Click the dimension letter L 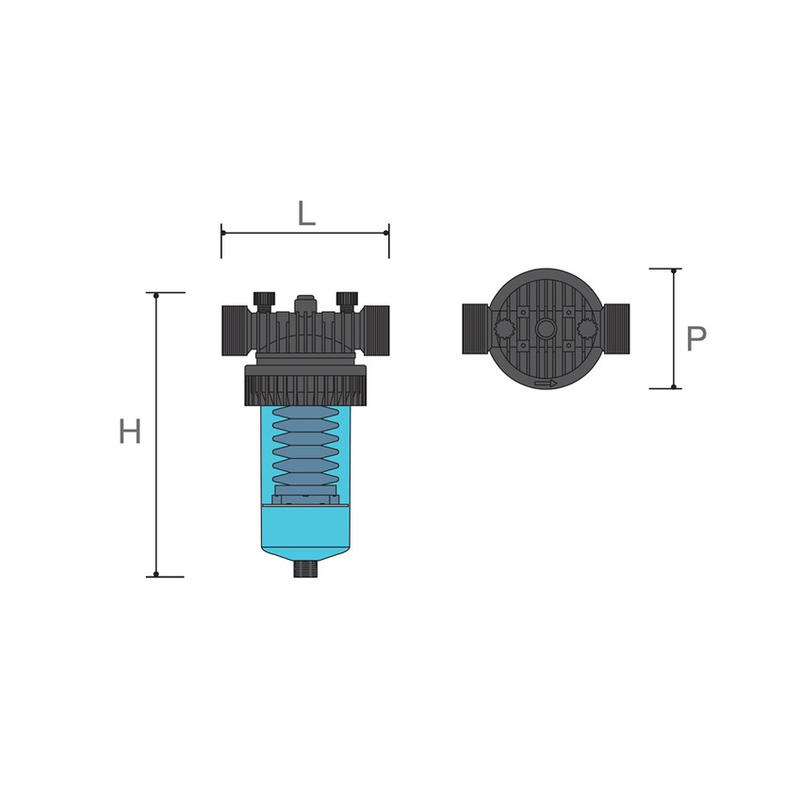(306, 214)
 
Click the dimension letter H (130, 432)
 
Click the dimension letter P (695, 338)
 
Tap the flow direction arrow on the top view (546, 384)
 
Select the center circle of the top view (546, 327)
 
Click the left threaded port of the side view (234, 331)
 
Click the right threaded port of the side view (377, 331)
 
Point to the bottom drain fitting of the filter (305, 569)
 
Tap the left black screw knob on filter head (264, 302)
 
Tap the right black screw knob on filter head (347, 302)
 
